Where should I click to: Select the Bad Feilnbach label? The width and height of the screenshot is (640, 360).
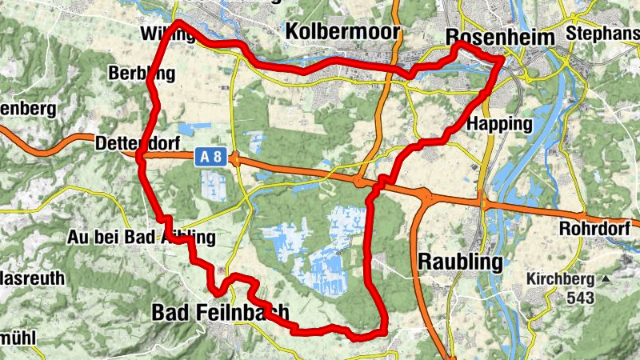220,312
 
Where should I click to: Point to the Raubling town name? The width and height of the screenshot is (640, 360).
462,262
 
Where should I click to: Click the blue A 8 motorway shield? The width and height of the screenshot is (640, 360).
210,158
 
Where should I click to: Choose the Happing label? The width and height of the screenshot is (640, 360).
499,125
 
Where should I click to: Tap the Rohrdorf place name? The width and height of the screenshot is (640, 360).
596,227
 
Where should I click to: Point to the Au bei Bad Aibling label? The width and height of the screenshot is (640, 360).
142,238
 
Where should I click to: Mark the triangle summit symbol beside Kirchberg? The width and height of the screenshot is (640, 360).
605,279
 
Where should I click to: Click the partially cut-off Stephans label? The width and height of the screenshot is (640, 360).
602,34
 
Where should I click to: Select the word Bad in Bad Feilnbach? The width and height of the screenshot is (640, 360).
170,312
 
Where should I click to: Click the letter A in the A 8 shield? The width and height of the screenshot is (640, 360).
205,158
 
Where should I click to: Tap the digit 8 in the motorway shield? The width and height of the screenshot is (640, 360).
216,158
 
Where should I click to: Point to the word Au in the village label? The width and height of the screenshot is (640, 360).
78,238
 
